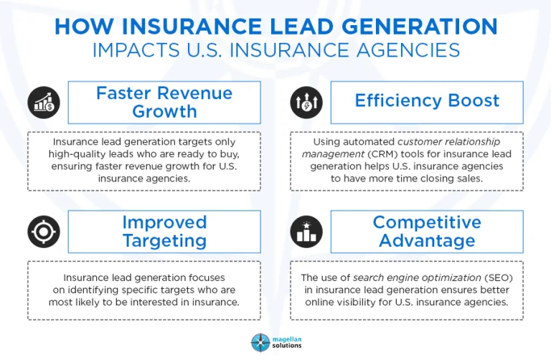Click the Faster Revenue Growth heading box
[164, 103]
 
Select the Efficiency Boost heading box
[427, 102]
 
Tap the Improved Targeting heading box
[164, 232]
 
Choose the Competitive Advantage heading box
[427, 232]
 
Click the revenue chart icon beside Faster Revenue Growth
[44, 103]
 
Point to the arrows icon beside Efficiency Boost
[306, 103]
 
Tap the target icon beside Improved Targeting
[44, 232]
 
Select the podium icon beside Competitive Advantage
[306, 232]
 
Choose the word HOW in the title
[80, 27]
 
